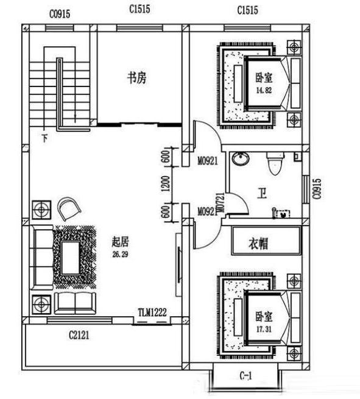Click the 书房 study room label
click(x=136, y=79)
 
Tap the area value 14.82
click(x=263, y=90)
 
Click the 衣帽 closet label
click(x=258, y=243)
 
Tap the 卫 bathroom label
click(x=262, y=194)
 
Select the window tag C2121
click(x=80, y=334)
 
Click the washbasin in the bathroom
click(x=241, y=160)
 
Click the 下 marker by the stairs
click(x=44, y=136)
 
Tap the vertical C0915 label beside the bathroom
click(x=316, y=189)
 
